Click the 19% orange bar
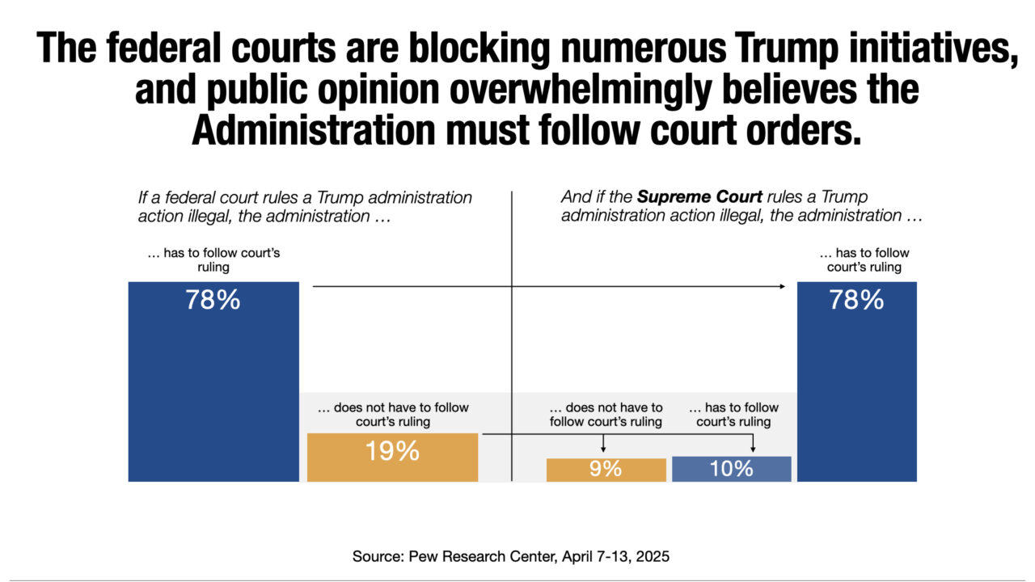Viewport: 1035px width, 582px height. coord(392,458)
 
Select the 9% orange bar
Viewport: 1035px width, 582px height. coord(606,470)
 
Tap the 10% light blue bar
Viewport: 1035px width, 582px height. coord(732,469)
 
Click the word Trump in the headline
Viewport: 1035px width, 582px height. coord(785,49)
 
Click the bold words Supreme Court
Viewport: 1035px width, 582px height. coord(699,197)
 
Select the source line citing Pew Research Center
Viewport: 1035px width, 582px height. coord(510,556)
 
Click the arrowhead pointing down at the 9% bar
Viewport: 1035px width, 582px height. coord(603,449)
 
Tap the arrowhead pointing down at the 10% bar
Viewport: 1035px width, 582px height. coord(753,449)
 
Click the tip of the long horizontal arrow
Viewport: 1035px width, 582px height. coord(785,286)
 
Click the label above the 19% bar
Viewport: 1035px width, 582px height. coord(393,415)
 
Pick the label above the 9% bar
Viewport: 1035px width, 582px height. coord(606,415)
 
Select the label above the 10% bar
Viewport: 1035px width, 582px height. coord(733,415)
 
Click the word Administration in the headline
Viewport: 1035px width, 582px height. coord(313,131)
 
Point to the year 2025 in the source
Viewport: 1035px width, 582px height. coord(653,556)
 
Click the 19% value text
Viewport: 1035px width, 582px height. coord(392,451)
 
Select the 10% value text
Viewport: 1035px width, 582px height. coord(732,469)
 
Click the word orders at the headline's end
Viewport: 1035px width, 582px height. coord(804,131)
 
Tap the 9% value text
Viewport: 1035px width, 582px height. coord(606,469)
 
